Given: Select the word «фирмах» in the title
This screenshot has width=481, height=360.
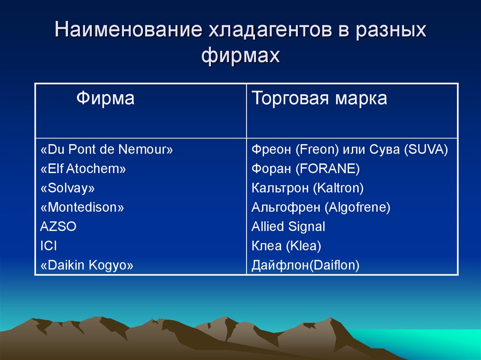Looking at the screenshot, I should [x=240, y=56].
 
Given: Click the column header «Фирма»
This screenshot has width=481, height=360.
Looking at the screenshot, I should [x=105, y=99].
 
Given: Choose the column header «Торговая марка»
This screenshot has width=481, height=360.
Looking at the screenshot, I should [x=319, y=99].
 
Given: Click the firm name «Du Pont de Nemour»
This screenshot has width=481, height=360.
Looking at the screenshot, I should [x=107, y=150].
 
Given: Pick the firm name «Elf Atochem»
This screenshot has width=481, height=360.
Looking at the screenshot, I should [x=83, y=169].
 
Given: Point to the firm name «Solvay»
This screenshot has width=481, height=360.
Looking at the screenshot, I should [x=68, y=188].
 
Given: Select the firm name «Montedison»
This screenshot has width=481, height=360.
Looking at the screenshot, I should [x=82, y=207].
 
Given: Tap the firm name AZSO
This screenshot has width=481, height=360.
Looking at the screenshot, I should [x=58, y=227].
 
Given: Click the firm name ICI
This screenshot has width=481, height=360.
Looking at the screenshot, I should [x=48, y=246].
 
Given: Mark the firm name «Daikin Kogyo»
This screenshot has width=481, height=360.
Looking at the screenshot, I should [x=87, y=265].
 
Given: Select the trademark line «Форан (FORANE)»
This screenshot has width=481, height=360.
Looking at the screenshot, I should [x=306, y=169].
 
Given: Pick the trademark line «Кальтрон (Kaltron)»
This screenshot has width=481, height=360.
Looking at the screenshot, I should [x=308, y=188].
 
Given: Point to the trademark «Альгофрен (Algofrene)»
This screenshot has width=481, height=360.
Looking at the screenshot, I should [x=321, y=207].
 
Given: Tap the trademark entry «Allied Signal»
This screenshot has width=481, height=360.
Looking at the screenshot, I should [x=288, y=227].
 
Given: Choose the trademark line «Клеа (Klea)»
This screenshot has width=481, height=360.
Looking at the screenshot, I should [x=287, y=246].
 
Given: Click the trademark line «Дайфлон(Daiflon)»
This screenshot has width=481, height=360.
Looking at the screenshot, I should [x=305, y=265].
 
